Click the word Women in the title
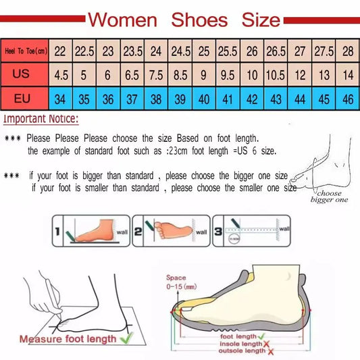tap(122, 19)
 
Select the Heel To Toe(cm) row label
tap(25, 50)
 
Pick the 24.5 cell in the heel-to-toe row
tap(181, 50)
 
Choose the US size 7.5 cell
tap(156, 73)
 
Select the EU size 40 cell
tap(203, 98)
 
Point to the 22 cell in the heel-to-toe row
tap(61, 50)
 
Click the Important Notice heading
tap(42, 120)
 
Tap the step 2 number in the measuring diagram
tap(138, 232)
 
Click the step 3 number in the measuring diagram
tap(217, 232)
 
